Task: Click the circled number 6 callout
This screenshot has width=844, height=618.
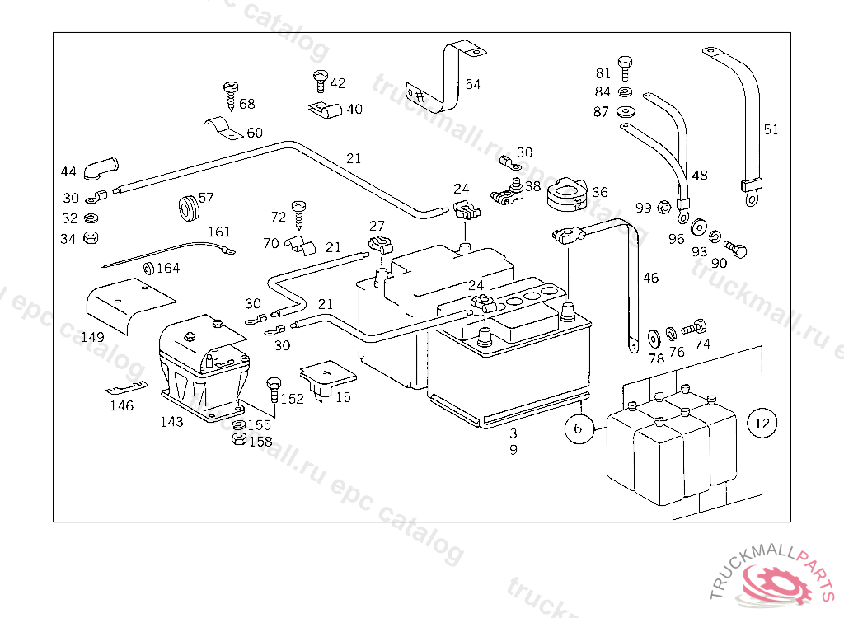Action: click(577, 428)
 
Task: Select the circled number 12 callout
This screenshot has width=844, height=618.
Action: click(762, 424)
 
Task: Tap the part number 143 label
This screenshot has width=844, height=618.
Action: click(171, 422)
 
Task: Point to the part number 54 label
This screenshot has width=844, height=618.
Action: click(472, 84)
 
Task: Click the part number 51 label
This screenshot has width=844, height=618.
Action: click(771, 129)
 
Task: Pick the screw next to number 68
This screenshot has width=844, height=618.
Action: click(231, 94)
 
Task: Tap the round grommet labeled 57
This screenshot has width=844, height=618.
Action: click(189, 208)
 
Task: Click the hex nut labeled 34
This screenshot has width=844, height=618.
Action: click(93, 238)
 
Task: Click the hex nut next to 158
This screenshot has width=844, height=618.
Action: click(237, 440)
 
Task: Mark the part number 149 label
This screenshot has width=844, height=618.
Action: click(93, 338)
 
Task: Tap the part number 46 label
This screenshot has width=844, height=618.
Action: click(651, 279)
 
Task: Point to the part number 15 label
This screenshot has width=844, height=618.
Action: click(343, 397)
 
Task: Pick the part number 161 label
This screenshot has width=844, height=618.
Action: click(219, 232)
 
